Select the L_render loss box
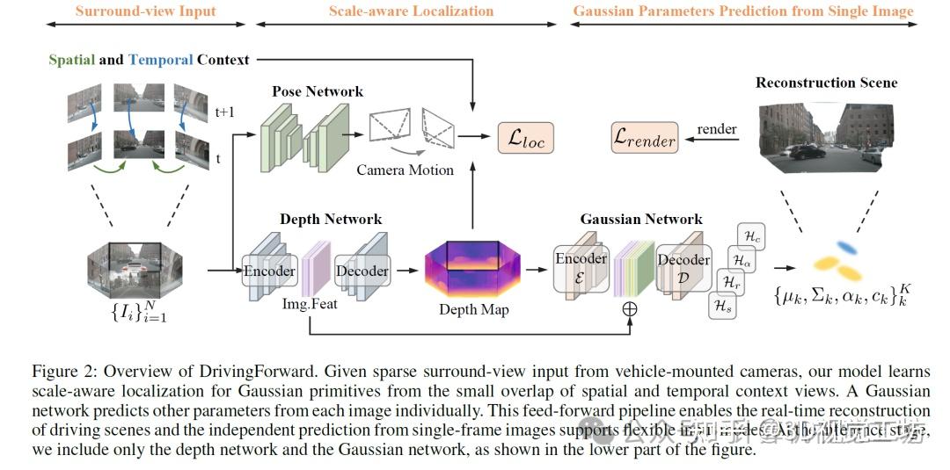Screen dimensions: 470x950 click(644, 137)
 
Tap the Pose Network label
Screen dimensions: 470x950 click(318, 91)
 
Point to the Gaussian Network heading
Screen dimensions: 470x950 click(641, 219)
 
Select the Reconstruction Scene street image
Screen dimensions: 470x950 click(826, 135)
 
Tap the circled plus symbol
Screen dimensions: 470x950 click(630, 308)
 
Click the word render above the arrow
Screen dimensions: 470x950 click(717, 129)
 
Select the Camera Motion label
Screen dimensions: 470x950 click(405, 170)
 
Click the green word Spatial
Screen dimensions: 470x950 click(71, 60)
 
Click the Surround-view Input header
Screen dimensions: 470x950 click(145, 11)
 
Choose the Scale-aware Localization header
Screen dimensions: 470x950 click(411, 11)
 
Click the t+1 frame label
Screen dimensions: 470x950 click(226, 112)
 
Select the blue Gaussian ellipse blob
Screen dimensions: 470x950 click(847, 247)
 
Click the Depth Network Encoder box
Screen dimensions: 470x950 click(269, 271)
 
